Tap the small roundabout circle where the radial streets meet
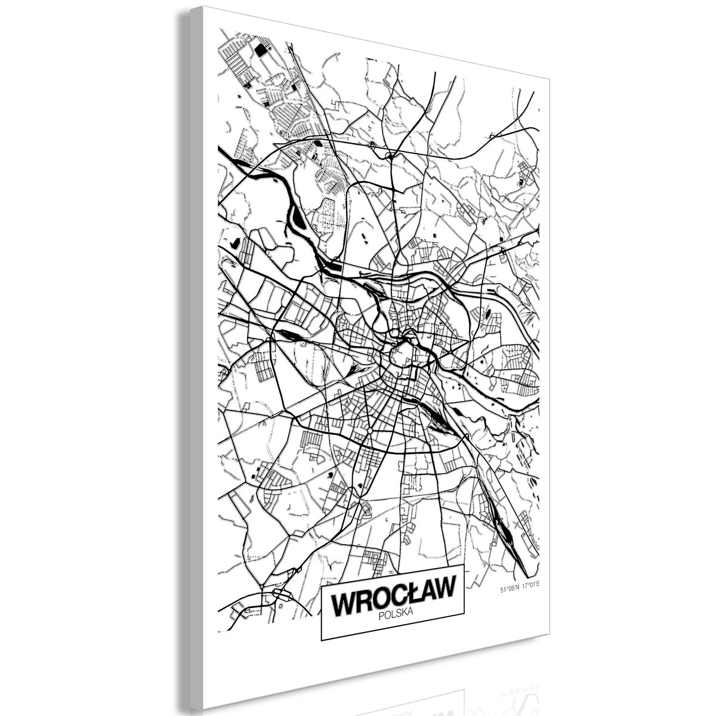[x=370, y=430]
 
